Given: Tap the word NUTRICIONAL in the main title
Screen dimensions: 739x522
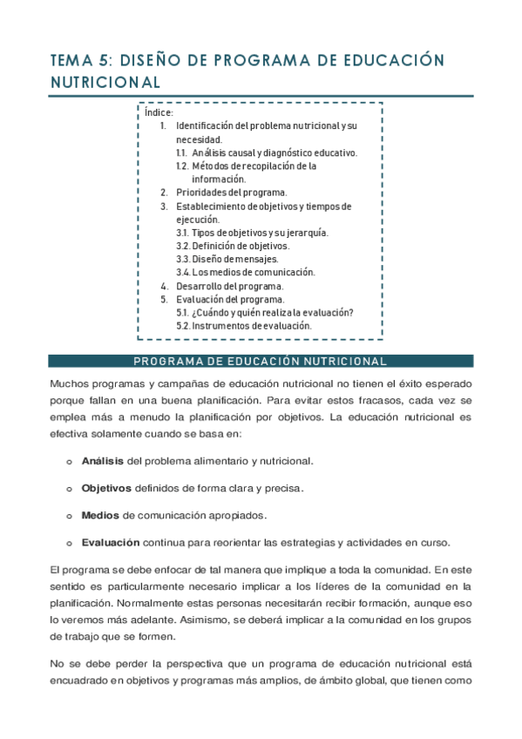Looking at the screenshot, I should [105, 83].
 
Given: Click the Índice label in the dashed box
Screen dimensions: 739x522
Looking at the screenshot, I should [159, 112].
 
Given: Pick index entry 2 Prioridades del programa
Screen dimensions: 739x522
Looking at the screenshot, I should [230, 193].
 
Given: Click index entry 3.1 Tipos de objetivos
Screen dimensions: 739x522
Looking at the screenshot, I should [252, 233].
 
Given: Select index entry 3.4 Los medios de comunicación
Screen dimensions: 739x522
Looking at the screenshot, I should [245, 272].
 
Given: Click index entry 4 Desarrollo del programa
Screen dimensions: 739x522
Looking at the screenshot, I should [229, 286].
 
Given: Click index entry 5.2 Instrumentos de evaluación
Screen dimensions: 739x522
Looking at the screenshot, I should [243, 325].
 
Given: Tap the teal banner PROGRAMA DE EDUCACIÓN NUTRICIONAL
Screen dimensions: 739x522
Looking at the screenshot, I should [261, 361].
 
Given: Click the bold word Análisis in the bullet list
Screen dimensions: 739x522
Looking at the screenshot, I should [103, 460].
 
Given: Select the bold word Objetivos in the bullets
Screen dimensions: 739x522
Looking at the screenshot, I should [106, 487].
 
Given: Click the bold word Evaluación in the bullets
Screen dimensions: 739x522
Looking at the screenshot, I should [111, 542].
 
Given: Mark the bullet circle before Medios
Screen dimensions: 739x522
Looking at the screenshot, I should [69, 515].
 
